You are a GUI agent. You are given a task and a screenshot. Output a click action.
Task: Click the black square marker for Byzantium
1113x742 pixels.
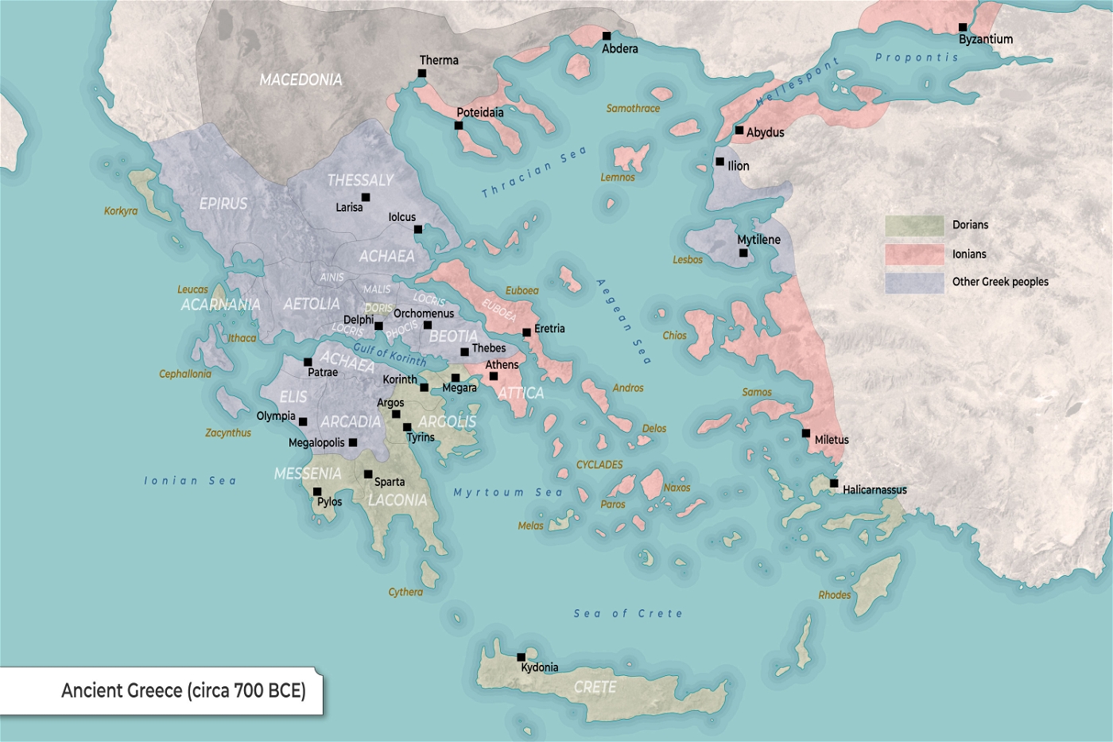pyautogui.click(x=963, y=27)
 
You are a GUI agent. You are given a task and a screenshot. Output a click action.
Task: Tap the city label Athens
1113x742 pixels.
pyautogui.click(x=502, y=365)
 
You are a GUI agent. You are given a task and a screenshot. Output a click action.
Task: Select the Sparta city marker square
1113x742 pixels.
pyautogui.click(x=368, y=475)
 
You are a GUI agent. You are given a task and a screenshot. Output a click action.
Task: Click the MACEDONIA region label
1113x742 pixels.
pyautogui.click(x=301, y=80)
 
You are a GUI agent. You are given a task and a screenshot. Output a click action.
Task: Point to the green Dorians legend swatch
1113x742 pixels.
pyautogui.click(x=914, y=226)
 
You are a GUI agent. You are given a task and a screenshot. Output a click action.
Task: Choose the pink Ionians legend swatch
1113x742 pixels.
pyautogui.click(x=914, y=254)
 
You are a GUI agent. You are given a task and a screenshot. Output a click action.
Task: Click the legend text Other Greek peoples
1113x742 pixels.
pyautogui.click(x=1000, y=282)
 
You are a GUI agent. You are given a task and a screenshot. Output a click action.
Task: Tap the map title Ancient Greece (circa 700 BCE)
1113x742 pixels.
pyautogui.click(x=184, y=690)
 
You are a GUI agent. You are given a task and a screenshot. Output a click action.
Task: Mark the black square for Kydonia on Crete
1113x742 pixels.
pyautogui.click(x=522, y=657)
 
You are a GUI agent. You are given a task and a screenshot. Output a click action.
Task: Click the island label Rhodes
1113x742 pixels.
pyautogui.click(x=835, y=595)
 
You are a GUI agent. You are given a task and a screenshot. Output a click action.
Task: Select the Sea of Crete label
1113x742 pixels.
pyautogui.click(x=628, y=613)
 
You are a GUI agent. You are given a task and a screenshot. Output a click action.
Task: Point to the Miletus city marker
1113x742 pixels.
pyautogui.click(x=806, y=433)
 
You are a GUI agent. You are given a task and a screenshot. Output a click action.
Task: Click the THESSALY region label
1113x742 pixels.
pyautogui.click(x=360, y=181)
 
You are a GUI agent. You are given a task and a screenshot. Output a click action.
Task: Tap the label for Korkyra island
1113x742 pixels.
pyautogui.click(x=121, y=211)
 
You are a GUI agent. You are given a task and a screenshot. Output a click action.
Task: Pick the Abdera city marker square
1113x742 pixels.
pyautogui.click(x=607, y=36)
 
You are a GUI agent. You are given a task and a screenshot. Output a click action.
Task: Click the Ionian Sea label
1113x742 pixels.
pyautogui.click(x=190, y=480)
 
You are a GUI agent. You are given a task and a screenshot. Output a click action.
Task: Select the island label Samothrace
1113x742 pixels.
pyautogui.click(x=633, y=108)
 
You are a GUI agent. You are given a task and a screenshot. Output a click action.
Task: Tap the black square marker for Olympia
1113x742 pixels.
pyautogui.click(x=303, y=422)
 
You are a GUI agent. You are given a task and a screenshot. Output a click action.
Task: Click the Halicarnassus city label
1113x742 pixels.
pyautogui.click(x=874, y=490)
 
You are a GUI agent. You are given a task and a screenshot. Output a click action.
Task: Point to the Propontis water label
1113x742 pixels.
pyautogui.click(x=917, y=57)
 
